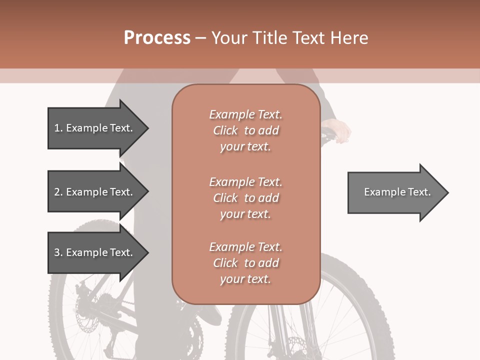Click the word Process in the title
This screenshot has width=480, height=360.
click(157, 38)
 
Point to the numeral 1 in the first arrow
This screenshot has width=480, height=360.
click(57, 128)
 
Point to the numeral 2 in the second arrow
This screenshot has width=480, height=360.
click(57, 192)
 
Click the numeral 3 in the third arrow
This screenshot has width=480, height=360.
click(57, 252)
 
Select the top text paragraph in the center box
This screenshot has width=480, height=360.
click(245, 130)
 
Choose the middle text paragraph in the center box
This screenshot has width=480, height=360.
click(245, 197)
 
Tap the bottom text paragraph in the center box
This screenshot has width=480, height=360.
click(245, 263)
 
